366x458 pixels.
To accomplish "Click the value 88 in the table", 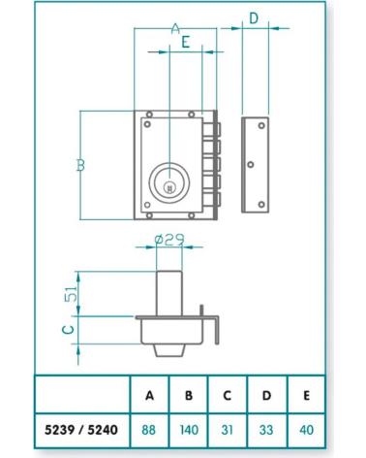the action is coord(148,430).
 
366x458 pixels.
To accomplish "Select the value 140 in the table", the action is coord(189,430).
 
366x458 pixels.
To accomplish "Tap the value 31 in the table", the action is coord(228,430).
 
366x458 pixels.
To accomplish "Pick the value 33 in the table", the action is coord(266,430).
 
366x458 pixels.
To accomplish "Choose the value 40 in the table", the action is coord(306,430).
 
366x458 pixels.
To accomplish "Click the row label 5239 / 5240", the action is coord(81,430).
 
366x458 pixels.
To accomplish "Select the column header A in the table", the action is coord(149,395).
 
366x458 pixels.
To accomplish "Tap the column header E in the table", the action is coord(306,395).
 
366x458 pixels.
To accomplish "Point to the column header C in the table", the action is coord(228,395).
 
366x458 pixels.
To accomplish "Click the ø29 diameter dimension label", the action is coord(169,240).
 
